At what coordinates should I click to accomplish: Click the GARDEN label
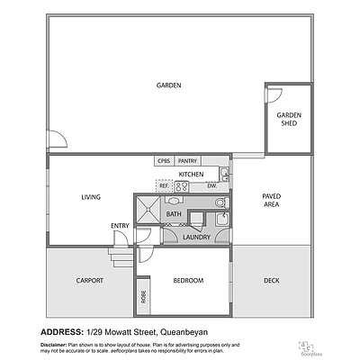point(168,85)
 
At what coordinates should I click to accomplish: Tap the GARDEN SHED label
point(288,119)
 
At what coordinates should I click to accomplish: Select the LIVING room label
point(90,197)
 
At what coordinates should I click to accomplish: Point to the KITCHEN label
point(191,174)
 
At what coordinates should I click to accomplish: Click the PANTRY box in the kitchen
point(187,161)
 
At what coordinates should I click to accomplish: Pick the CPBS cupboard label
point(164,161)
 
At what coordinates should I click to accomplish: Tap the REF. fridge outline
point(164,185)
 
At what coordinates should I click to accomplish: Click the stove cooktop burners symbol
point(181,186)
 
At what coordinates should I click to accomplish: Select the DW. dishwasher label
point(211,185)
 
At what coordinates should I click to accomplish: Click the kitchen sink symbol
point(225,174)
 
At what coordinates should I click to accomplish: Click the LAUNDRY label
point(196,237)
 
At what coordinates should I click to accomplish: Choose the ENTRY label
point(120,225)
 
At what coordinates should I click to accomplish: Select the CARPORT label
point(89,281)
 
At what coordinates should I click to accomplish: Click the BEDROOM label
point(188,281)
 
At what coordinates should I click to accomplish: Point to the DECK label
point(271,281)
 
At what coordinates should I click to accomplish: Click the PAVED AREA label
point(271,200)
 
